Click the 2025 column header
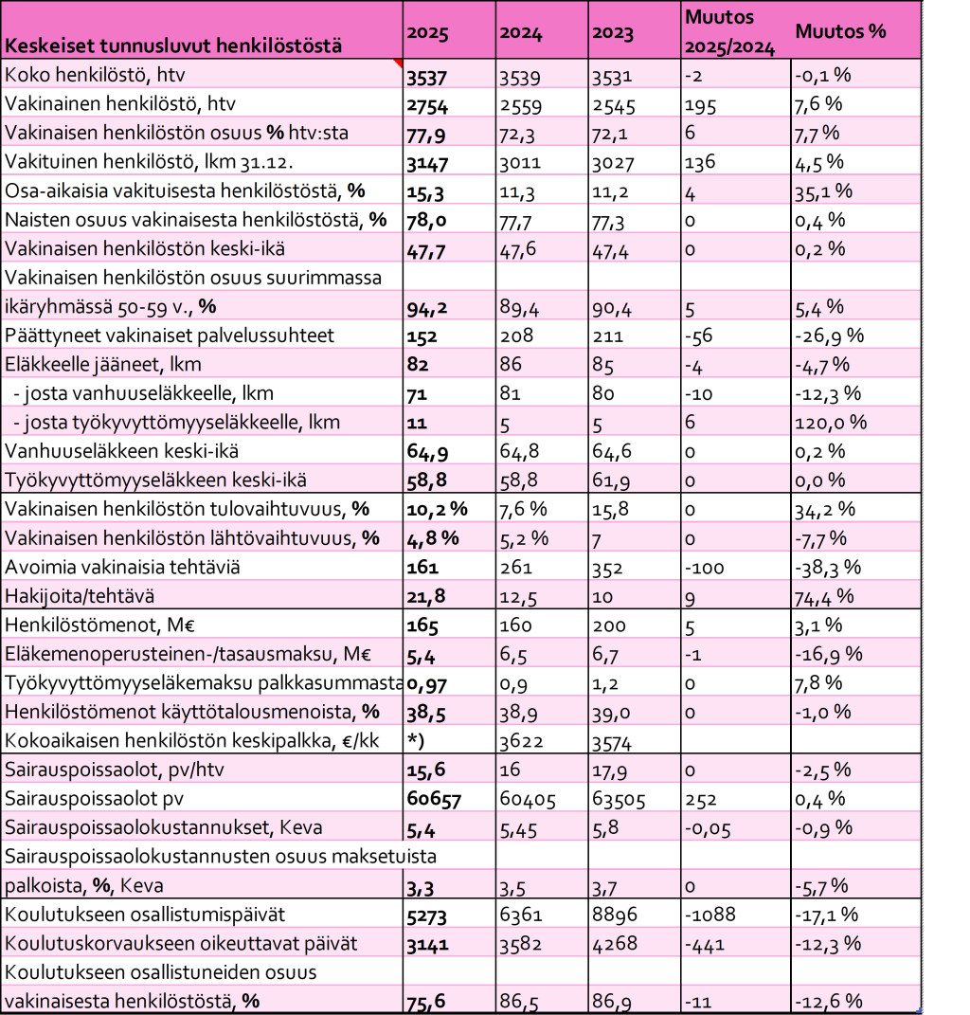point(427,32)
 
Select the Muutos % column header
point(840,30)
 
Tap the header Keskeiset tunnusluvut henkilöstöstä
point(172,45)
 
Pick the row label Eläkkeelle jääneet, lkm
point(103,365)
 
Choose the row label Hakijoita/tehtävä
point(79,596)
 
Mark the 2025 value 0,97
point(427,683)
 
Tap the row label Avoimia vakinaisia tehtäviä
point(122,568)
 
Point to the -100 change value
point(705,568)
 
